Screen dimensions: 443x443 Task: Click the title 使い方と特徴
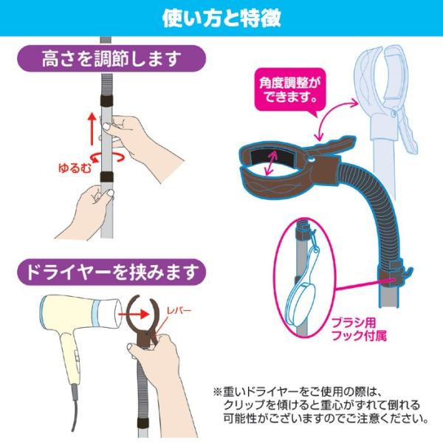(221, 18)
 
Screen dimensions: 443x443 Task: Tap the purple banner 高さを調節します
(111, 59)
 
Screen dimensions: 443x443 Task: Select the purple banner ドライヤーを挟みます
(111, 272)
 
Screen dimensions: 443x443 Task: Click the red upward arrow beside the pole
(92, 128)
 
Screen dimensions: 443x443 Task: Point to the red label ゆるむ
(75, 168)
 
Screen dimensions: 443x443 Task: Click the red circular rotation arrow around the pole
(107, 157)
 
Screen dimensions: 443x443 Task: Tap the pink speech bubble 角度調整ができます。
(289, 91)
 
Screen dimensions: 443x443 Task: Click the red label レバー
(179, 311)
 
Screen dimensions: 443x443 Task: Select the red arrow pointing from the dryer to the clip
(134, 314)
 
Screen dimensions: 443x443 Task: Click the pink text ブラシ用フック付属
(359, 329)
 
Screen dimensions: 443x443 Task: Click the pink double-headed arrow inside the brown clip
(271, 162)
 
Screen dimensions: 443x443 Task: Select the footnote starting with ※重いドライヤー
(321, 405)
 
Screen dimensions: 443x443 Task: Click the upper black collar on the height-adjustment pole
(107, 100)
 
